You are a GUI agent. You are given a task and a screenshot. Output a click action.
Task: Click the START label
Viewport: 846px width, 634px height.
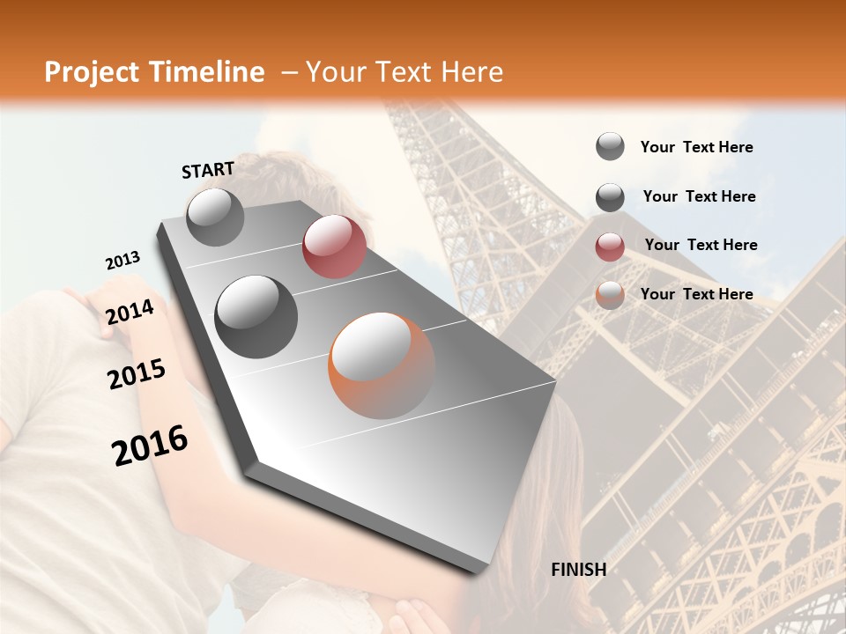[208, 170]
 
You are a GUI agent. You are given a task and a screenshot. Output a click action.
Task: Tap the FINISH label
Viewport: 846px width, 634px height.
[579, 570]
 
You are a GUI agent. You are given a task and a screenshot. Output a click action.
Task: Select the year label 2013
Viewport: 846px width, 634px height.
[122, 261]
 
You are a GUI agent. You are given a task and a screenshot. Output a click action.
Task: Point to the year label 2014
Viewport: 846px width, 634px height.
[130, 313]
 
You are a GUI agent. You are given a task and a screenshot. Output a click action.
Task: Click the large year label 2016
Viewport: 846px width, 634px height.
[150, 446]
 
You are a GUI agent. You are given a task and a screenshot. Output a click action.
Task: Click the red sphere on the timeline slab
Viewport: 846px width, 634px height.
[334, 247]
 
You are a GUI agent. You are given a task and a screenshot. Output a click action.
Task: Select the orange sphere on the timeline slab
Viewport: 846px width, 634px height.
[382, 365]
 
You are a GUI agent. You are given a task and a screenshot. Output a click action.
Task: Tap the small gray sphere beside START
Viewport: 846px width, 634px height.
[215, 217]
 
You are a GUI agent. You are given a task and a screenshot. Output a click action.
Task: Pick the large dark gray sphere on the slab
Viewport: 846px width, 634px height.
[256, 317]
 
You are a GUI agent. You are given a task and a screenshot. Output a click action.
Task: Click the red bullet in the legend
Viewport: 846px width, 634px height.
[610, 247]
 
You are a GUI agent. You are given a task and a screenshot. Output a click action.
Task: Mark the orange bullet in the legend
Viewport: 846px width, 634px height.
[610, 295]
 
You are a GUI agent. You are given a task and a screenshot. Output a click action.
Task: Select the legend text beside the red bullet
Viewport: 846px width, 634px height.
[701, 245]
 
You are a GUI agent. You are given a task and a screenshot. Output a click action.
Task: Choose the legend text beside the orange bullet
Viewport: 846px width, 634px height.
[696, 294]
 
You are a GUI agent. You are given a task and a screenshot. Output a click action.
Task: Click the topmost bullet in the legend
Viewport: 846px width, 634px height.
[610, 146]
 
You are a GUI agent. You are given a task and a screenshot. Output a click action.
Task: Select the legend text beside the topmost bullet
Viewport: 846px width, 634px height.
[696, 148]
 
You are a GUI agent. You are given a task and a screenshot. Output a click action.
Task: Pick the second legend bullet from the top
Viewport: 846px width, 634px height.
[610, 197]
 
